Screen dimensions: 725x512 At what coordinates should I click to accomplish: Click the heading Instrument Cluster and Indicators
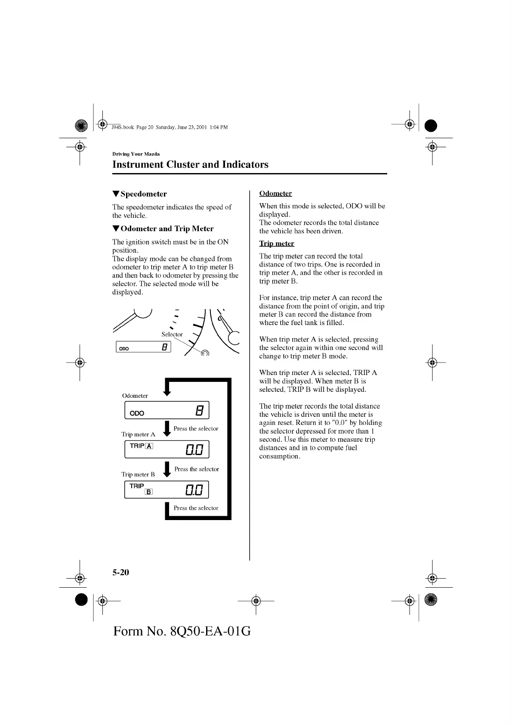[x=190, y=164]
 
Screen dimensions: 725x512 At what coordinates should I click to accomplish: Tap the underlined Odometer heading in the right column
[x=275, y=194]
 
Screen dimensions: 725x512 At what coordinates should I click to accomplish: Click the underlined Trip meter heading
[x=277, y=244]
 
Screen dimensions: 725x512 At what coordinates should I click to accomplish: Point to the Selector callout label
[x=172, y=335]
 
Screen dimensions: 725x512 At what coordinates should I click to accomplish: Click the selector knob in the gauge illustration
[x=205, y=353]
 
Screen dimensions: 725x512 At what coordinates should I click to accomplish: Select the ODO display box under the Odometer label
[x=167, y=410]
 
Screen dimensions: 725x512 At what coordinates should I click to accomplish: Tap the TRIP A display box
[x=167, y=449]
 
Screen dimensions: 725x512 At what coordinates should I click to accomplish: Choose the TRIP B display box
[x=167, y=490]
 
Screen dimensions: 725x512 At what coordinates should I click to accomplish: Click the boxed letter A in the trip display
[x=149, y=446]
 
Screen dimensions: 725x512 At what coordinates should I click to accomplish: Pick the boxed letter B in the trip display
[x=148, y=492]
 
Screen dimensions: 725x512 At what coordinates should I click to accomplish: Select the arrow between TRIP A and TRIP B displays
[x=167, y=469]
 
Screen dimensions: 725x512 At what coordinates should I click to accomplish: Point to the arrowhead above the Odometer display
[x=167, y=392]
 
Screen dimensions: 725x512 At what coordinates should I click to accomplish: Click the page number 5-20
[x=121, y=573]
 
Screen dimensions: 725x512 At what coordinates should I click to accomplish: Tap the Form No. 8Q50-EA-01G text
[x=182, y=632]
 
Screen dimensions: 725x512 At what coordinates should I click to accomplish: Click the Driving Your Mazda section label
[x=136, y=154]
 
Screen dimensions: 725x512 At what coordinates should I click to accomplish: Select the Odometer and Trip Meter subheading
[x=167, y=229]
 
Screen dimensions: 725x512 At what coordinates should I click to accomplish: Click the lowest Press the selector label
[x=196, y=508]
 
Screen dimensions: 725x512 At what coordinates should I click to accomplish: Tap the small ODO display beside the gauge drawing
[x=143, y=347]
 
